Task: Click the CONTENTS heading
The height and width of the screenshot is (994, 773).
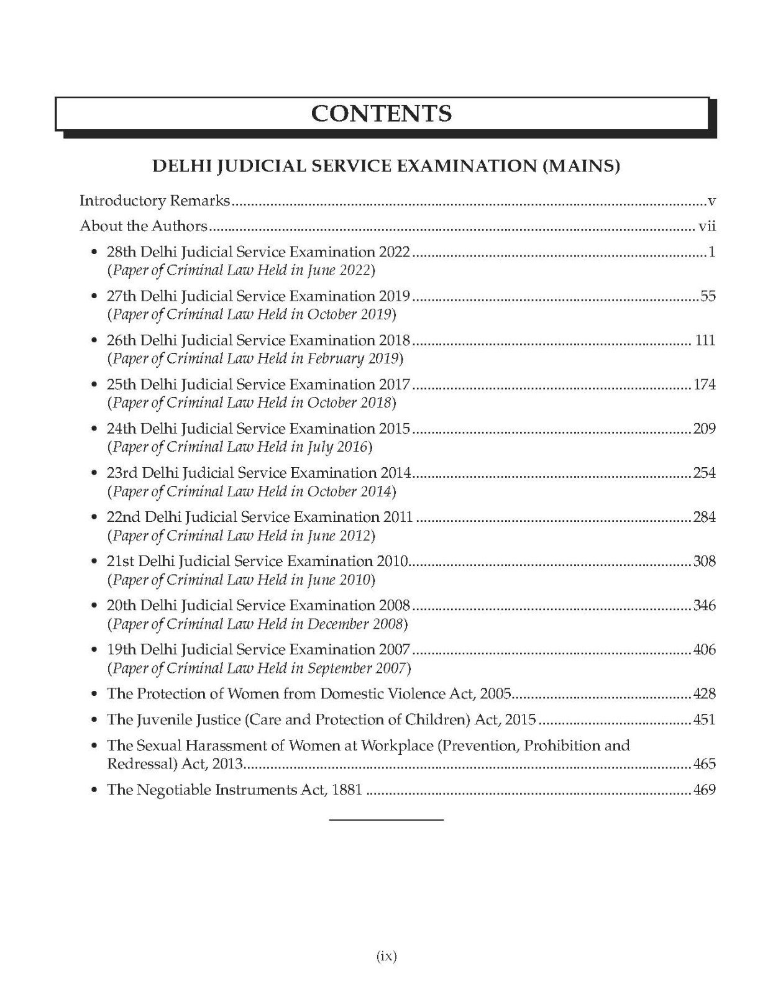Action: coord(382,114)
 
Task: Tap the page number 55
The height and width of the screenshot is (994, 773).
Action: coord(708,296)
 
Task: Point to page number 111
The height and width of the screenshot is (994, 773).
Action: coord(705,340)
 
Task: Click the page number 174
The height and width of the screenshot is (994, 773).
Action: coord(705,385)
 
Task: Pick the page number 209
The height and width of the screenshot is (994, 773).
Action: coord(705,429)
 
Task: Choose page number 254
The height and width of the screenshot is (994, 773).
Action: coord(705,473)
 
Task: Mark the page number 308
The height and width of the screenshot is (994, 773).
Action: coord(705,561)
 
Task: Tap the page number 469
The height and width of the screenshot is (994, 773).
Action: coord(705,790)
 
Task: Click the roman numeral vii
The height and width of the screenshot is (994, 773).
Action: coord(707,227)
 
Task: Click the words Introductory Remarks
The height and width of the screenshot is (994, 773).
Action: coord(155,201)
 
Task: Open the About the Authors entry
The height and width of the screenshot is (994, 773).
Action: coord(144,227)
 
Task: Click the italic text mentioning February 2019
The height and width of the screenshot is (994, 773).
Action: coord(255,358)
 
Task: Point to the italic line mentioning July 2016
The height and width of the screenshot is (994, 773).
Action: coord(240,447)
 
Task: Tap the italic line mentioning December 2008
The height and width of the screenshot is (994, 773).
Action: coord(257,624)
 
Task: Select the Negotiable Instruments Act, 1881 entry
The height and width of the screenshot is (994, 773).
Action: coord(235,790)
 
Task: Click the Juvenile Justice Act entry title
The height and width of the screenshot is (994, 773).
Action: coord(321,720)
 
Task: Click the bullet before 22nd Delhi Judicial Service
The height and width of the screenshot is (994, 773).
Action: coord(94,518)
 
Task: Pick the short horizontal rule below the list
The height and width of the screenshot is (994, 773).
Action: coord(386,821)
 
